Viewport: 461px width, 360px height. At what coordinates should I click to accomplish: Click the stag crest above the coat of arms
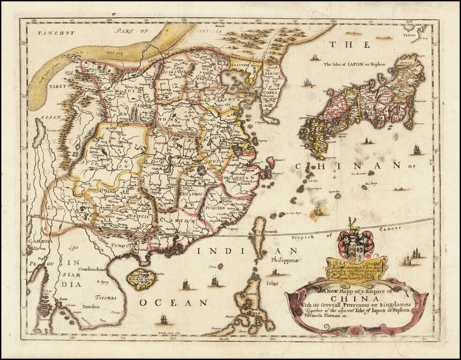(x=355, y=225)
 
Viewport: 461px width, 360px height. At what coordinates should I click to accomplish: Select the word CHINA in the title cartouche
(x=356, y=299)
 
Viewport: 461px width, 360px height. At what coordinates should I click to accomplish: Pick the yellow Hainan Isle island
(x=140, y=280)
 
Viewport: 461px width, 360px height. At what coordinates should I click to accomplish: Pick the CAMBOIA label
(x=42, y=241)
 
